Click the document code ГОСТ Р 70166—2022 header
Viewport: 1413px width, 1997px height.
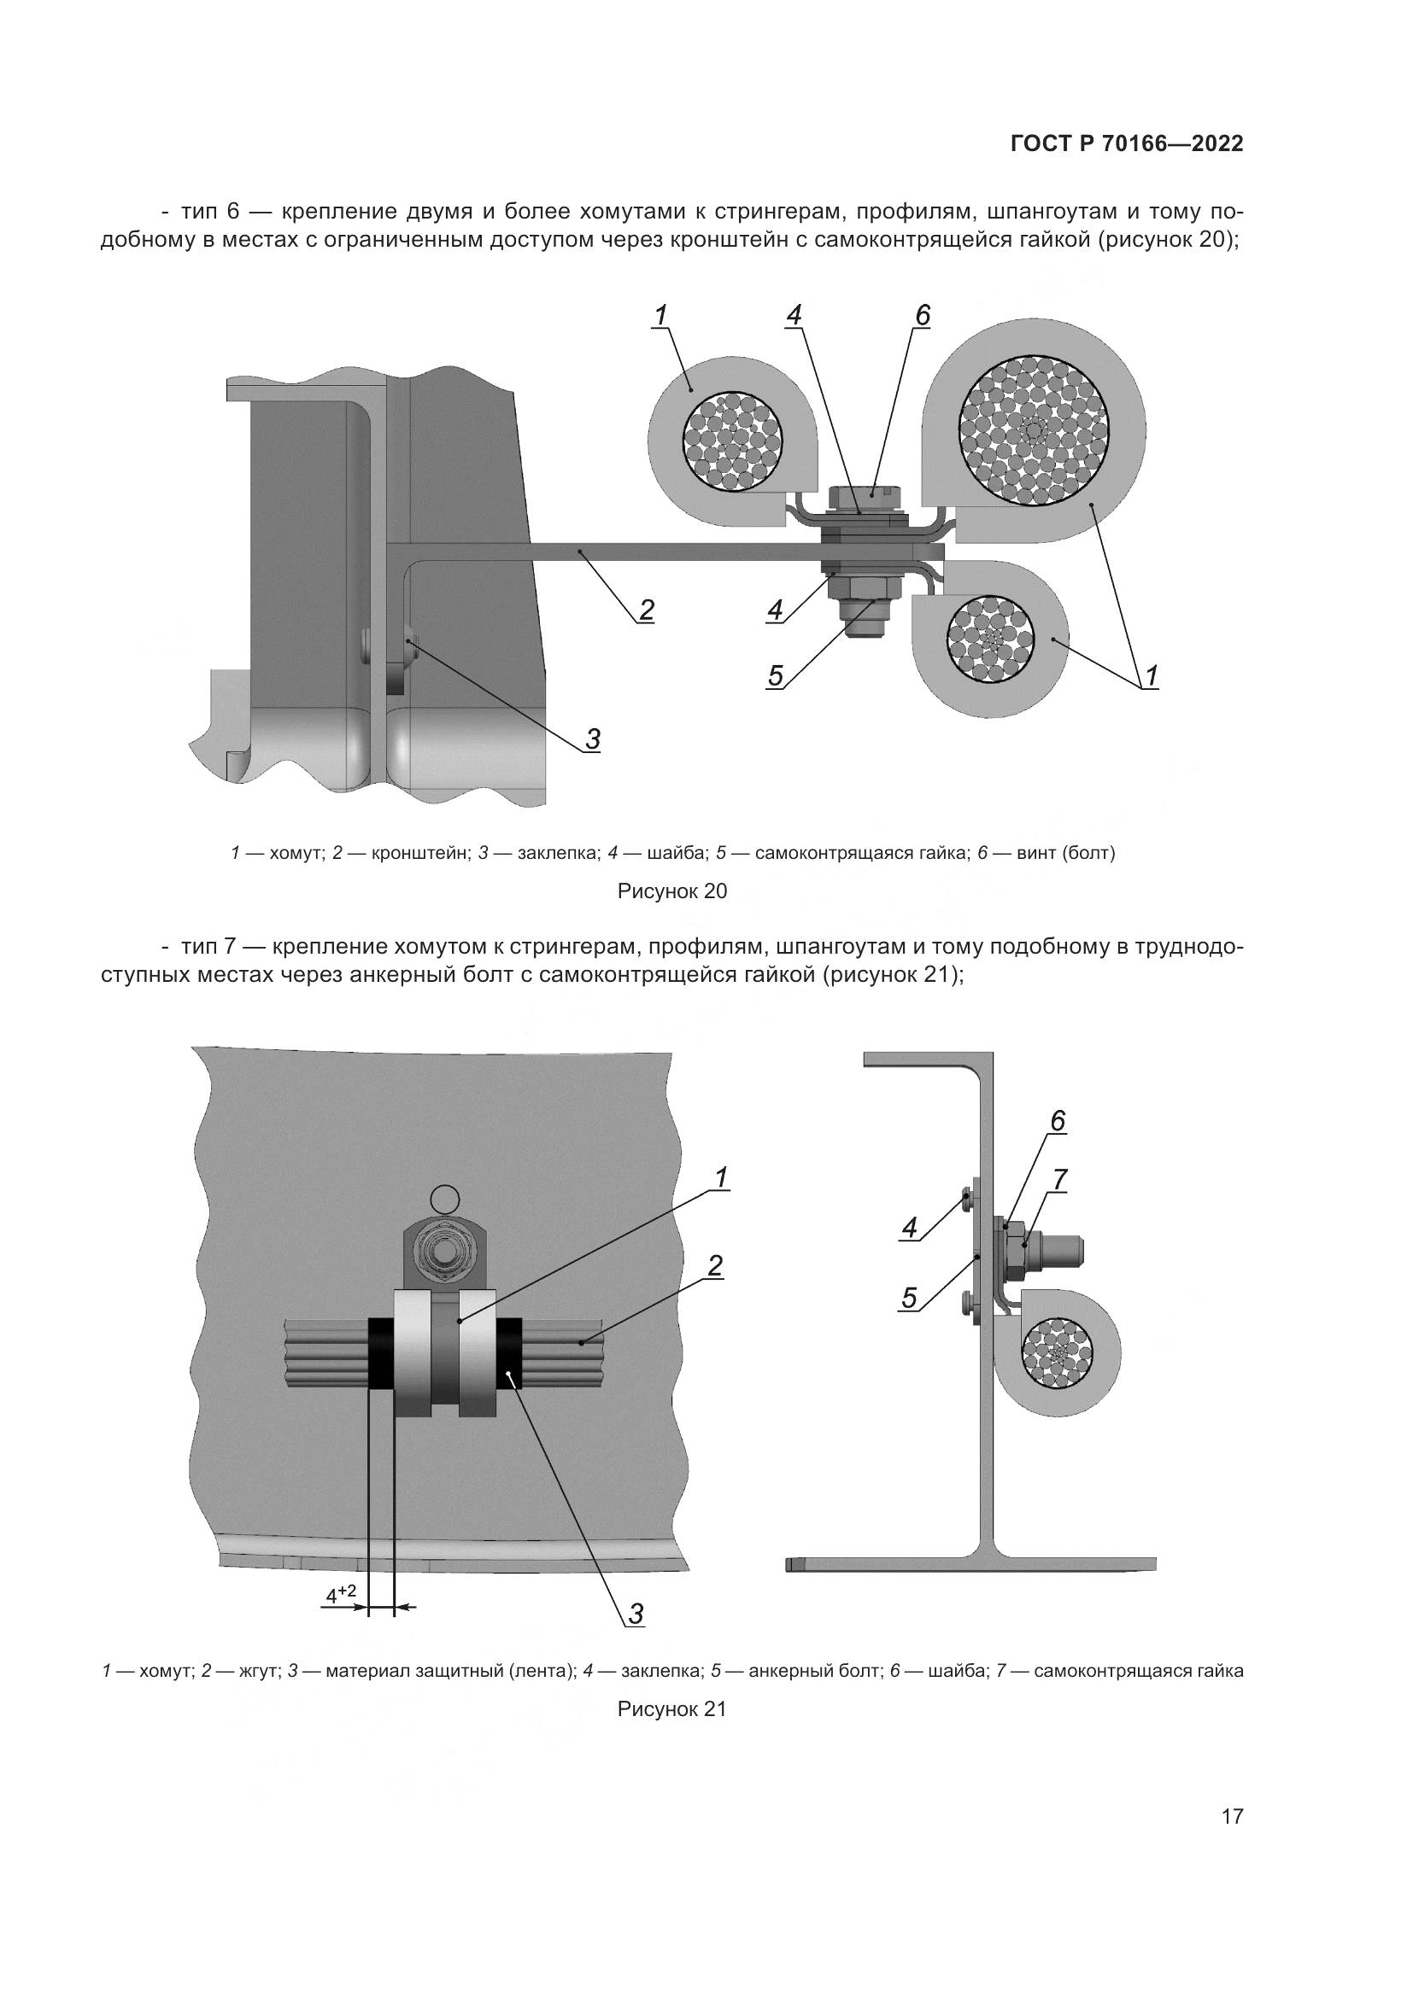click(1127, 144)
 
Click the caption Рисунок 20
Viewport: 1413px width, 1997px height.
click(671, 890)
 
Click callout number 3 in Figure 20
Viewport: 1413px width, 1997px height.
click(592, 739)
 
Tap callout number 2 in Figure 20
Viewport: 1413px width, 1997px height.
click(646, 610)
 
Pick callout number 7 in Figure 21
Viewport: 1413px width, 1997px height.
click(1058, 1180)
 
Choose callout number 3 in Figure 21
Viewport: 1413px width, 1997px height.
click(636, 1615)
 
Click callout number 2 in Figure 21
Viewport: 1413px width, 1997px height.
click(714, 1266)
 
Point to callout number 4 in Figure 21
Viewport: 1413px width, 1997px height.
click(909, 1228)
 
